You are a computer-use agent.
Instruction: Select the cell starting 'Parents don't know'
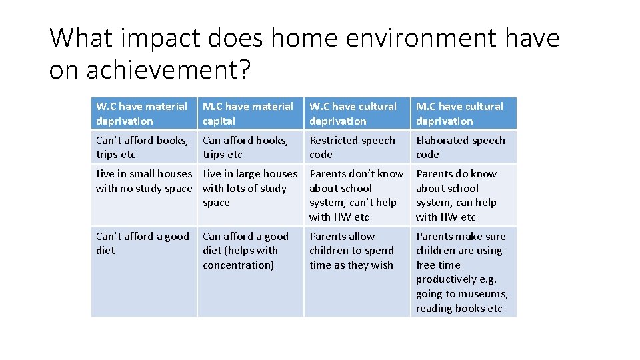pyautogui.click(x=356, y=195)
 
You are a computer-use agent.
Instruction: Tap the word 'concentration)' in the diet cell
pyautogui.click(x=238, y=265)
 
